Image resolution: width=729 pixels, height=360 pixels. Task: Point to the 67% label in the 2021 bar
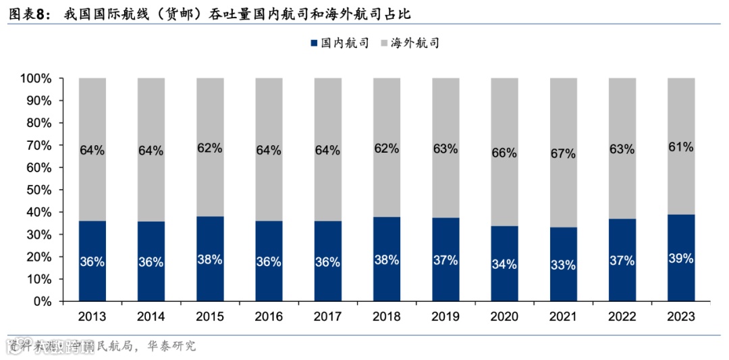[563, 153]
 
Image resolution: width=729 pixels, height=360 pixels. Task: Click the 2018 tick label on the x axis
[386, 317]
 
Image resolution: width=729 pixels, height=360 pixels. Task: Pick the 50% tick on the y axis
[38, 190]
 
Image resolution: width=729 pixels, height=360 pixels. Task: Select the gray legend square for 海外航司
[385, 43]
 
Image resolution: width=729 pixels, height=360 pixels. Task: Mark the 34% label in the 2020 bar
[504, 263]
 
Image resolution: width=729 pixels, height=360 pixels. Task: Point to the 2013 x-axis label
[92, 317]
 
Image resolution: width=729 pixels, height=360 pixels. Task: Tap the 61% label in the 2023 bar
[680, 147]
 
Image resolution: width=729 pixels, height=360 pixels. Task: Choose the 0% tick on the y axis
[42, 301]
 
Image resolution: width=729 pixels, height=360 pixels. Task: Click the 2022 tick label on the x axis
[622, 317]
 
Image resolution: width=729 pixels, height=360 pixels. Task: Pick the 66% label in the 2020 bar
[504, 153]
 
